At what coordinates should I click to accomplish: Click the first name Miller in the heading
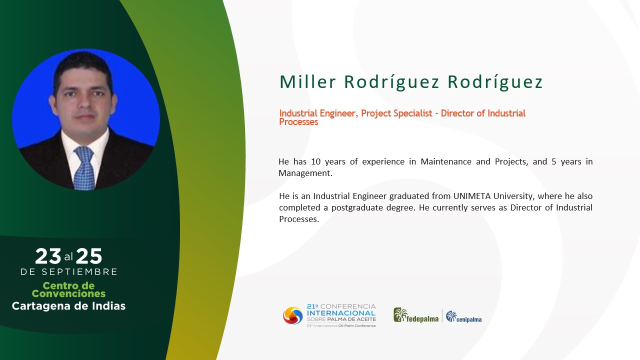click(x=307, y=81)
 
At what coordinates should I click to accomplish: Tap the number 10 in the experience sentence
click(x=315, y=161)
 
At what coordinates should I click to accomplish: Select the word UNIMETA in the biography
click(x=472, y=196)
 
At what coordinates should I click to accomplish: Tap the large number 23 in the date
click(x=48, y=256)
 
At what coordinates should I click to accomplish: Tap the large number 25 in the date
click(x=89, y=256)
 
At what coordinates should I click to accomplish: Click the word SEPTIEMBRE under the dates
click(x=79, y=271)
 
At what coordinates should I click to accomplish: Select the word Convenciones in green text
click(x=68, y=293)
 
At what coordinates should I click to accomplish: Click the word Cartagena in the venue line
click(x=41, y=306)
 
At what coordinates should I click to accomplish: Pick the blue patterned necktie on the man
click(x=84, y=168)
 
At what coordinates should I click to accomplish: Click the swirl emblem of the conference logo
click(x=292, y=315)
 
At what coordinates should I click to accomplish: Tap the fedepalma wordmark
click(x=422, y=319)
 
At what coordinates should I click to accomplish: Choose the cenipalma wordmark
click(x=469, y=319)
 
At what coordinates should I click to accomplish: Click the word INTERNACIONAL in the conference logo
click(x=341, y=313)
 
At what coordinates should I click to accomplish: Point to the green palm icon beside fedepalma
click(x=400, y=315)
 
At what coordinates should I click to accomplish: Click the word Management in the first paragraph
click(x=304, y=173)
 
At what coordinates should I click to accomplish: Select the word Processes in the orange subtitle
click(x=298, y=122)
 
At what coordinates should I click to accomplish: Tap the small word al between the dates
click(x=68, y=257)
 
